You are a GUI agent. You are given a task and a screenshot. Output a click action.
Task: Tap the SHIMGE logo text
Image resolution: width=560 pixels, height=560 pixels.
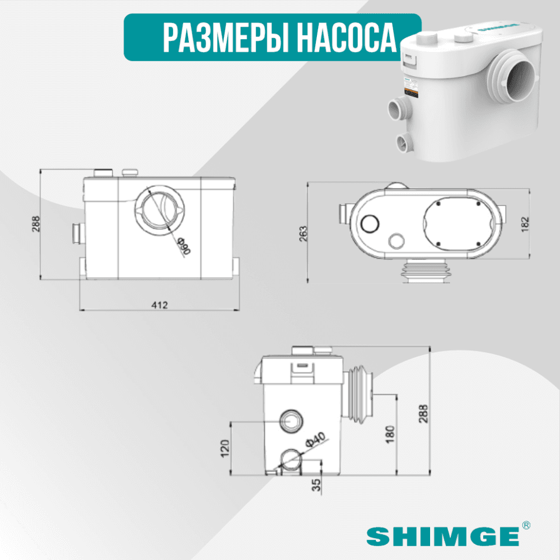point(442,536)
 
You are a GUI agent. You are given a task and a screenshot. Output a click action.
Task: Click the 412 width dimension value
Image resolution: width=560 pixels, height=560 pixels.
point(160,304)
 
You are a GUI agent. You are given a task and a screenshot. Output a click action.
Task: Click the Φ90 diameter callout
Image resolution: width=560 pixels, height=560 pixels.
point(184,245)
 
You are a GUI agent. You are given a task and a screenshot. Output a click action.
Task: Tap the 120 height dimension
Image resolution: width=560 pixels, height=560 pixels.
point(225,447)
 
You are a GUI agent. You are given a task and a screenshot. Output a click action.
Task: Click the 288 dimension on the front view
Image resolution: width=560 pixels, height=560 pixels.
point(36,223)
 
